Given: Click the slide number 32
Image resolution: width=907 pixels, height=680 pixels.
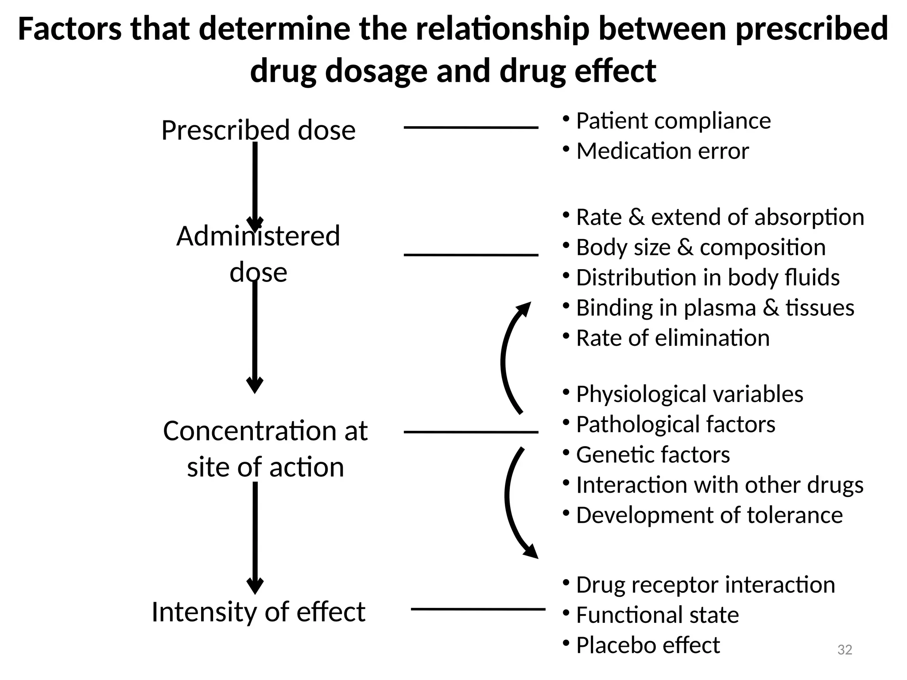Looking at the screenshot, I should (x=845, y=650).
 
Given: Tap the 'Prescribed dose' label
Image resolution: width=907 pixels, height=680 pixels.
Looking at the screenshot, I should (x=258, y=130).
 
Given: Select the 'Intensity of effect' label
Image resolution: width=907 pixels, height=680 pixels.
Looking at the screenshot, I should (x=258, y=612).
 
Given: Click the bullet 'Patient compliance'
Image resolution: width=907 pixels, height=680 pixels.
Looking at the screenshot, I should (x=673, y=121).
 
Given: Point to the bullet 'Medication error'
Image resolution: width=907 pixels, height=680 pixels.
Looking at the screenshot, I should (x=662, y=151).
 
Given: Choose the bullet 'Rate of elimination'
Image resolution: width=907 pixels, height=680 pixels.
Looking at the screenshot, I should (x=672, y=338).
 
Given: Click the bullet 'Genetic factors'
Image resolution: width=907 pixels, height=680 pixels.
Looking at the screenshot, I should (x=652, y=455).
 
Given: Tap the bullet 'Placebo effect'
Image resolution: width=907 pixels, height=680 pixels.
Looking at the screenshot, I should (x=647, y=645).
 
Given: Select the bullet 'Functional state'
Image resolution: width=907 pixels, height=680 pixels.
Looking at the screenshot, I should (x=657, y=615).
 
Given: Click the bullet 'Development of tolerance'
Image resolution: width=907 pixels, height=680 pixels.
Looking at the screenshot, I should (x=709, y=515).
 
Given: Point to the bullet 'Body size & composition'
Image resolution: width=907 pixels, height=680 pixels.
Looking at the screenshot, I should (x=701, y=247).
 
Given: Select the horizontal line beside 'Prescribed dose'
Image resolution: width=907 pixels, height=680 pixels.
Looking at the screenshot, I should (x=471, y=127).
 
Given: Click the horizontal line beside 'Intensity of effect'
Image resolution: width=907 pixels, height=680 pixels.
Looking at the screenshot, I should (x=478, y=609).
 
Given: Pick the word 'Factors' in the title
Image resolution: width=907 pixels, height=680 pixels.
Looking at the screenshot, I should (x=70, y=29).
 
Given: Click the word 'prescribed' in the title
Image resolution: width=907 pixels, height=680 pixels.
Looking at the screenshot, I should (x=811, y=29).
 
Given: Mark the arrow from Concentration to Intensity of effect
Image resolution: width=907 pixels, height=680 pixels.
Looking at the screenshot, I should (x=255, y=536).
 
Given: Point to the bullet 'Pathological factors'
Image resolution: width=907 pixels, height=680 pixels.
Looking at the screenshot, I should (x=675, y=424).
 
